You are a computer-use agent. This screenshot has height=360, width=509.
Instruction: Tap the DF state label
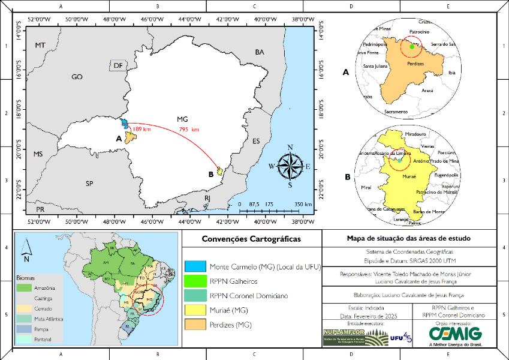tap(118, 65)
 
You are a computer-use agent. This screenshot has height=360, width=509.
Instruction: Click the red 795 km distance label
tap(189, 130)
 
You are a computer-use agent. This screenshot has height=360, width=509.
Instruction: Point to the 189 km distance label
tap(141, 130)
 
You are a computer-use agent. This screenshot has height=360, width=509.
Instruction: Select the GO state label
tap(77, 77)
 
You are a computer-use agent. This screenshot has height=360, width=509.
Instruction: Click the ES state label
tap(256, 141)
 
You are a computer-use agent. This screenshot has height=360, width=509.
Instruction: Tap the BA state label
tap(259, 52)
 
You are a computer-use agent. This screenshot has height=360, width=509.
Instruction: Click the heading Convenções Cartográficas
tap(251, 239)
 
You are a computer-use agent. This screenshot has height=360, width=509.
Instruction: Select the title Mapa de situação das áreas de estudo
tap(409, 238)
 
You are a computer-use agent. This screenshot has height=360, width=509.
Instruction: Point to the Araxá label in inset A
tap(427, 90)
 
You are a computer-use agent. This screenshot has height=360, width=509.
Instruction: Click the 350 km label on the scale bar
tap(303, 205)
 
